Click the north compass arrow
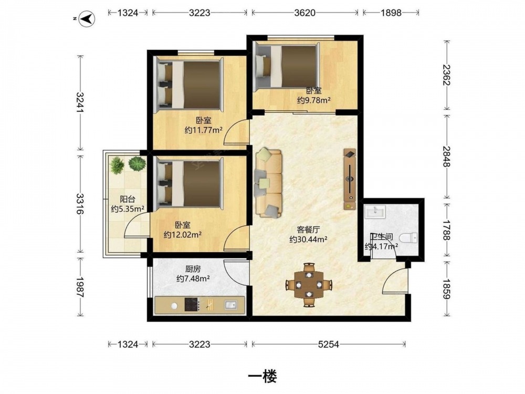click(87, 19)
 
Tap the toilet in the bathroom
click(408, 238)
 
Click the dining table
click(309, 285)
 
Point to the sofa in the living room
click(268, 183)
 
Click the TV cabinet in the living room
click(350, 179)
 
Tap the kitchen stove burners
click(192, 304)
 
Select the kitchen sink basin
click(230, 305)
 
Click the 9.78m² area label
click(314, 100)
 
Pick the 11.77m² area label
click(204, 130)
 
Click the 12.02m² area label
click(183, 235)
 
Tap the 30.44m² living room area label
click(308, 239)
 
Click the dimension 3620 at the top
click(304, 13)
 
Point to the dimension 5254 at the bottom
click(329, 344)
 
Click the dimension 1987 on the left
click(80, 287)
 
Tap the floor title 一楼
click(262, 377)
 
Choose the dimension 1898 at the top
click(391, 13)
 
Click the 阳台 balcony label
click(128, 199)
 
